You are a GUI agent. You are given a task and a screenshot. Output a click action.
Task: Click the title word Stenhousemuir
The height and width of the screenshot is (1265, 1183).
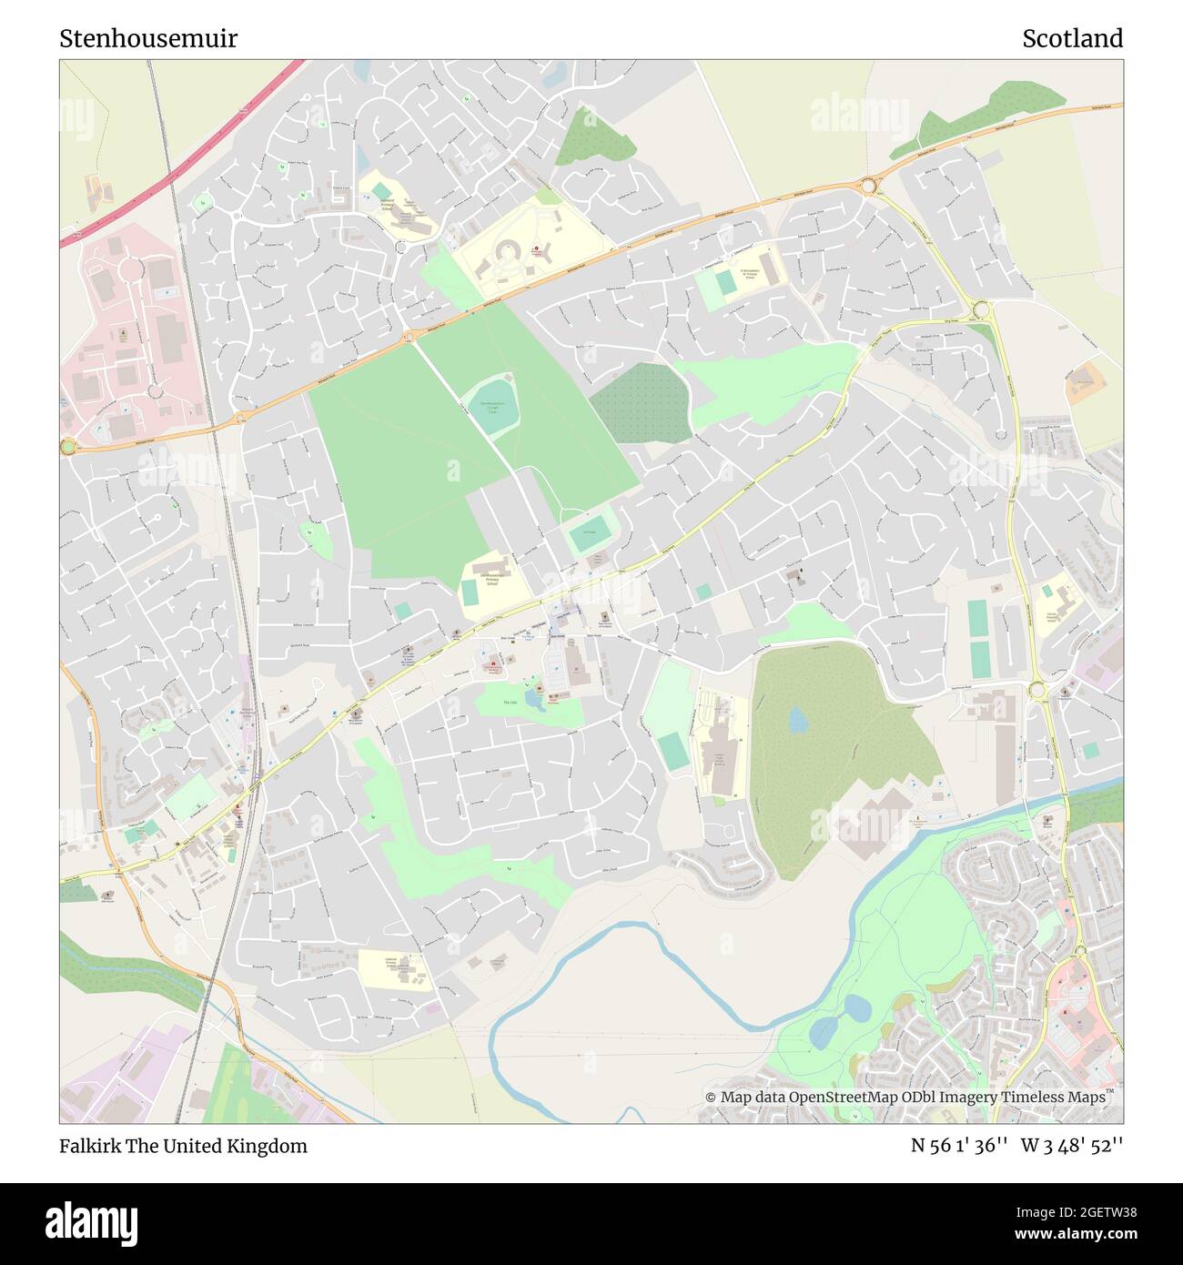pos(148,38)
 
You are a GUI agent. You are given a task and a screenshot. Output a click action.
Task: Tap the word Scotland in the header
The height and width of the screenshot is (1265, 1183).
pos(1072,38)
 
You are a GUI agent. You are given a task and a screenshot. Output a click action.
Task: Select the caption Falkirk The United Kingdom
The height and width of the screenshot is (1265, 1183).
pos(183,1146)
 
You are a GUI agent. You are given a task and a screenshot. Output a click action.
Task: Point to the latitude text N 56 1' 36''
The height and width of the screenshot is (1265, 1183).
pos(958,1146)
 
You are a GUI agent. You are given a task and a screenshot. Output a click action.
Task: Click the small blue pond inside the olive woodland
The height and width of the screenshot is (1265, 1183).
pos(798,721)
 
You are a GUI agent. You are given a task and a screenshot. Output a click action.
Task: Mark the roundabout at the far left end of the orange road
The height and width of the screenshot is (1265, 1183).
pos(67,446)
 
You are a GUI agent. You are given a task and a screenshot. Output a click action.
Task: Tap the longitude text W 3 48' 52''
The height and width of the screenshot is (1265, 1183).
pos(1072,1146)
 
